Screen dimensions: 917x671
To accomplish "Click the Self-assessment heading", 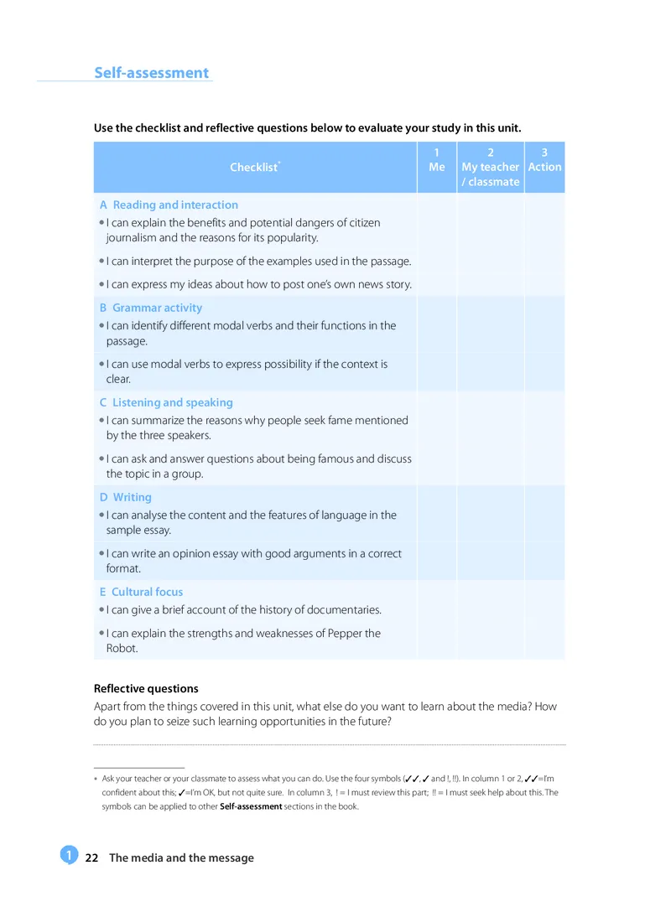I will [151, 73].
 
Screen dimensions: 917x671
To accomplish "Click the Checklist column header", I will [254, 167].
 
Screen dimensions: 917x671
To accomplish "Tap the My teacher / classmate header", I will [491, 167].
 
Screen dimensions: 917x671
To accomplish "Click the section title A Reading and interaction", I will [169, 205].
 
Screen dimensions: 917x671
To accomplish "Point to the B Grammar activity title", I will [151, 308].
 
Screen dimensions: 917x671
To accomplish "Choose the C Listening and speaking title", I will [166, 402].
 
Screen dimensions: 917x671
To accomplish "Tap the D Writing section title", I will [126, 497].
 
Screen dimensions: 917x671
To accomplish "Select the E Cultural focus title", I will [141, 592].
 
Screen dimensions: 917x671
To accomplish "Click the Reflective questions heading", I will [146, 688].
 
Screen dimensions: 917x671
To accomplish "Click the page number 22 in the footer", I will [92, 857].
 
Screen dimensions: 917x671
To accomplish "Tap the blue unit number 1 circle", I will [68, 855].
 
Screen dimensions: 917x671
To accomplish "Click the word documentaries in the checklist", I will [334, 609].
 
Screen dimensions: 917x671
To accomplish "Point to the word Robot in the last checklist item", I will [122, 648].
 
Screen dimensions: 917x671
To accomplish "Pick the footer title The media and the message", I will [181, 857].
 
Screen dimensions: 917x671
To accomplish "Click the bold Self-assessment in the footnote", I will [251, 806].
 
